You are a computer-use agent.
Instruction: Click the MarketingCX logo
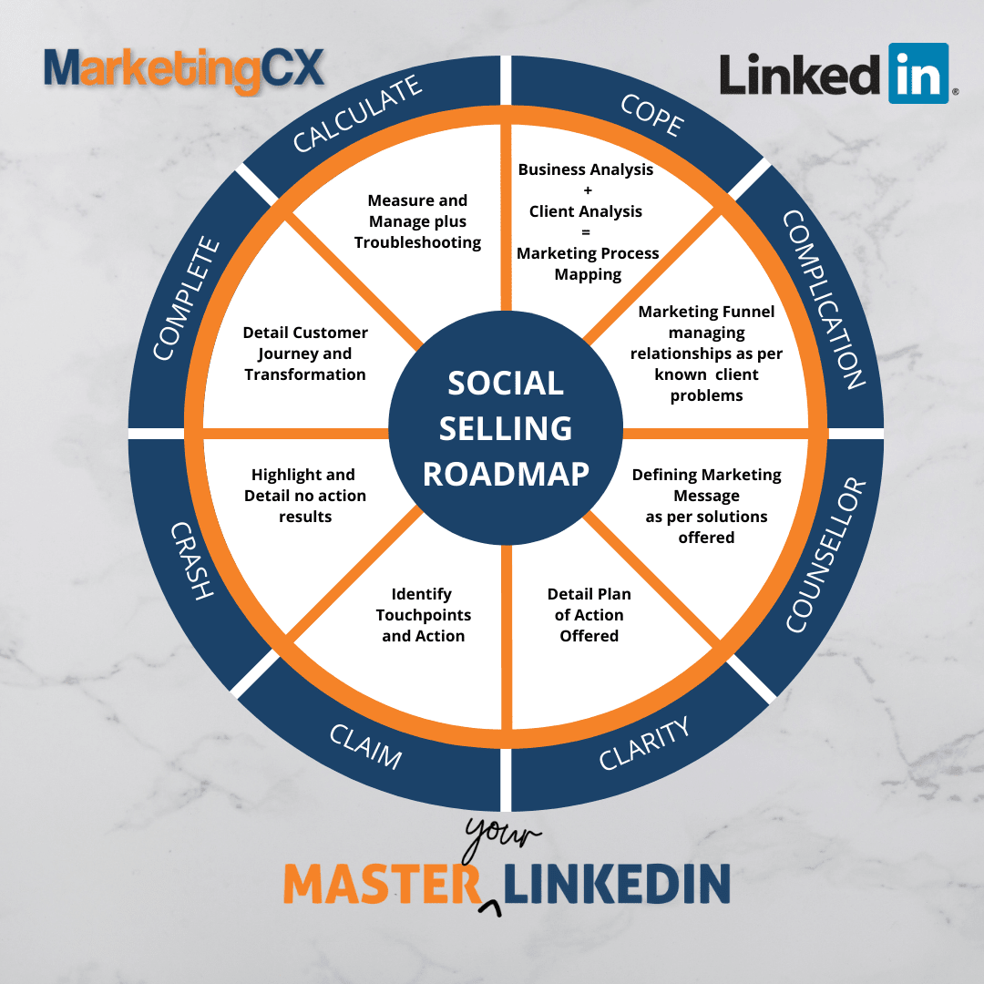pos(184,71)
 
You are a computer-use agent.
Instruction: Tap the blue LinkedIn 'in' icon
pos(917,73)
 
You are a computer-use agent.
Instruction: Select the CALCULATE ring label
pos(357,115)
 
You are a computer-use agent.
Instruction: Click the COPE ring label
pos(651,114)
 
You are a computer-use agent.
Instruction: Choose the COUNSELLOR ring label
pos(824,555)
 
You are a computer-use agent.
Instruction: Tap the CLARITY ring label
pos(644,743)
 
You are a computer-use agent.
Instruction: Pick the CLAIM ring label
pos(364,742)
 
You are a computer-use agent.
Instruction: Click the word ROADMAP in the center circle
pos(506,474)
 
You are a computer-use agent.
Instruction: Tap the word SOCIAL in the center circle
pos(506,384)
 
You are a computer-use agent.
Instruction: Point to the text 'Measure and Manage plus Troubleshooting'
pos(417,221)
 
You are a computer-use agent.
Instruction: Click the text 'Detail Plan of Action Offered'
pos(589,615)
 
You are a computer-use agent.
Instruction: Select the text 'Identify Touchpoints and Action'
pos(423,615)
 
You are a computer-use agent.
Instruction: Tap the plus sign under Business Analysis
pos(588,190)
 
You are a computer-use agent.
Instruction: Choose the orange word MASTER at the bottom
pos(381,883)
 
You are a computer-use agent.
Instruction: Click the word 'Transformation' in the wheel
pos(305,374)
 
